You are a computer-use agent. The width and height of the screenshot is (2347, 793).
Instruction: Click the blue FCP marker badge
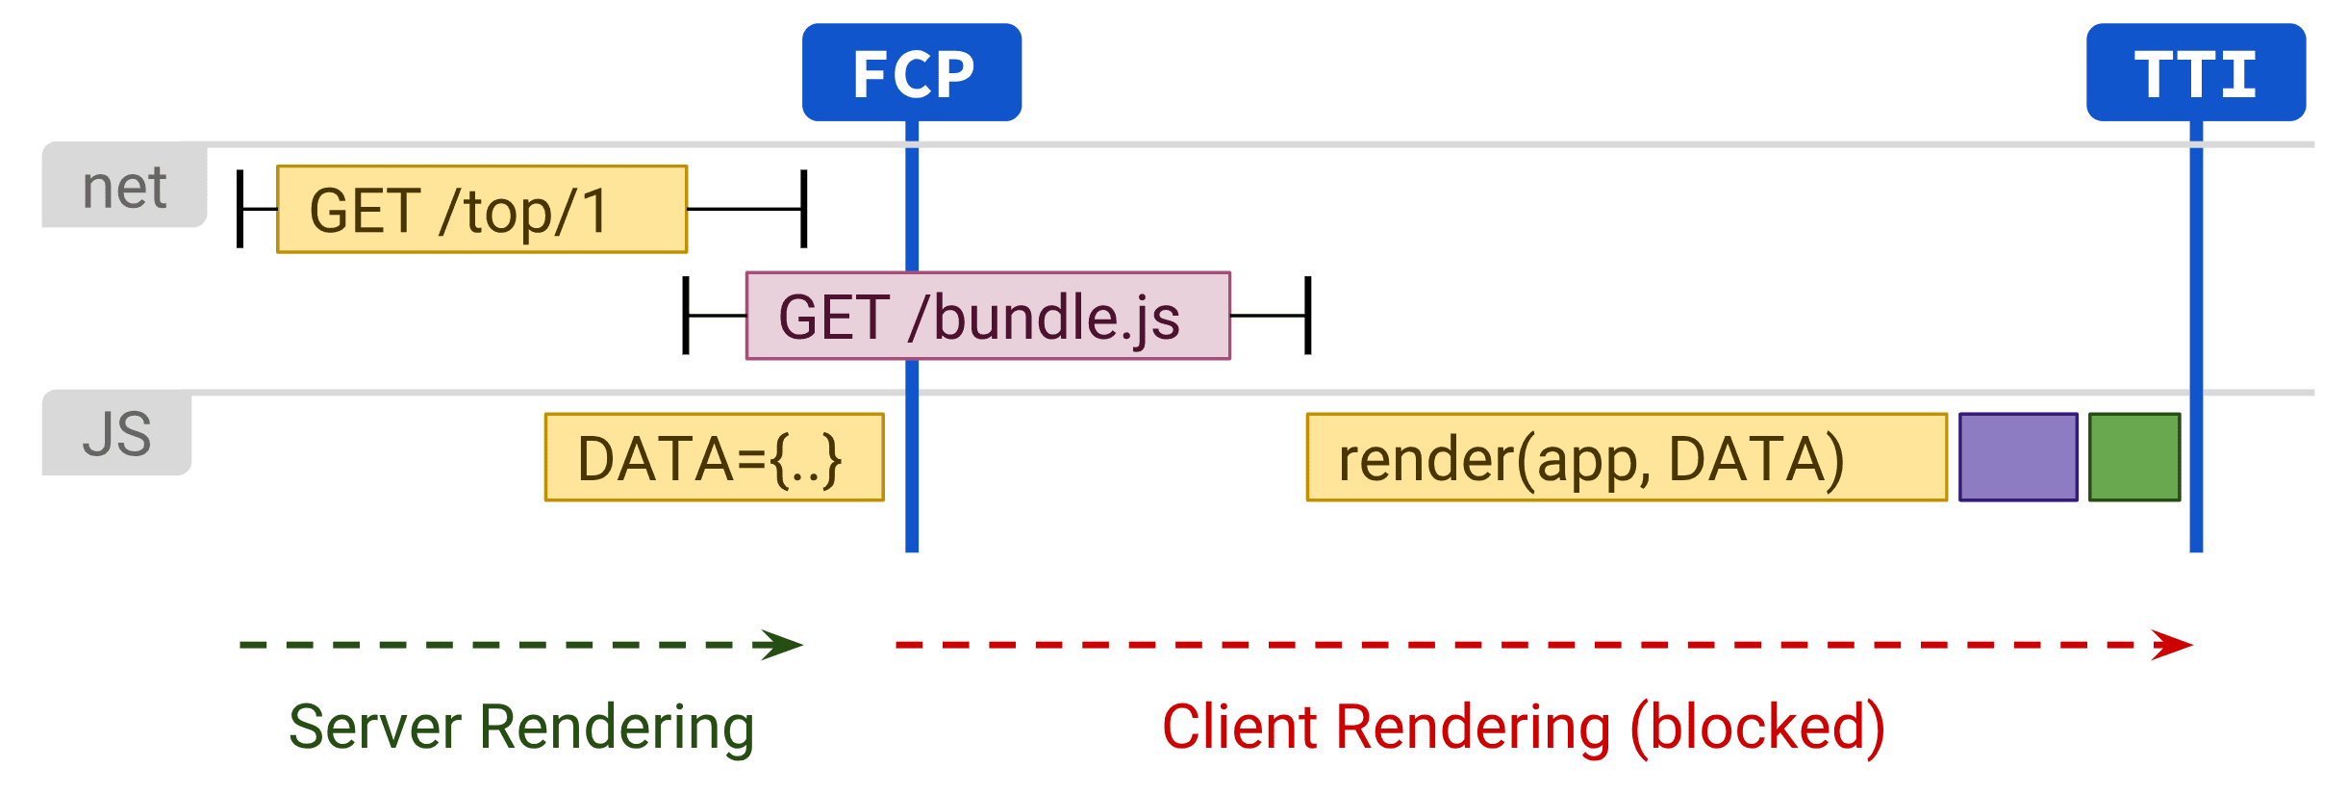(912, 73)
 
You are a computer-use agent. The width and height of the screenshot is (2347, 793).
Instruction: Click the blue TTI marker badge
(2195, 73)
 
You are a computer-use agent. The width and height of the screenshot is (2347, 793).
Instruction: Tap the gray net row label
(124, 187)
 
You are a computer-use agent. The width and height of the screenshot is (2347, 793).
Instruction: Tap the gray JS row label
(116, 434)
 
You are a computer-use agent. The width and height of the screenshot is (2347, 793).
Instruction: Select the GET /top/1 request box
(482, 210)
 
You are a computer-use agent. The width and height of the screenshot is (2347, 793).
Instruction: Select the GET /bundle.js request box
(988, 316)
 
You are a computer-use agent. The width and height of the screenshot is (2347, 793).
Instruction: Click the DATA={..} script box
(714, 458)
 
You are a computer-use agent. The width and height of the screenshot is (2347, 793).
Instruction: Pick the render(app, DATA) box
(1626, 458)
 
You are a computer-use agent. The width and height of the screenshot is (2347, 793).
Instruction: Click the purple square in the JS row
(2018, 458)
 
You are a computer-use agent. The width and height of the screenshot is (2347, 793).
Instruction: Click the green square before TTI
(2134, 458)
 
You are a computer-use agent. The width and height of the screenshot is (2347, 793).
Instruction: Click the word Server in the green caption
(374, 728)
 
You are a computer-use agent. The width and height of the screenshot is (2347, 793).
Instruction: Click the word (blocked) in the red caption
(1757, 728)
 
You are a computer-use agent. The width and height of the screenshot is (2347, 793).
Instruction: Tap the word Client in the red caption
(1239, 728)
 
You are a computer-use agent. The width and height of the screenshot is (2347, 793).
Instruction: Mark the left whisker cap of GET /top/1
(240, 209)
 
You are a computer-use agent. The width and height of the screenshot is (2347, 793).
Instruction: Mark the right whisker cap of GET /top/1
(804, 209)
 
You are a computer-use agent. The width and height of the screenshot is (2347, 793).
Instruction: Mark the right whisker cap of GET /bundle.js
(1308, 316)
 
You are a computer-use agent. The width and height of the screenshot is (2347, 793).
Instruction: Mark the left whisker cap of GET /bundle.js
(686, 316)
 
